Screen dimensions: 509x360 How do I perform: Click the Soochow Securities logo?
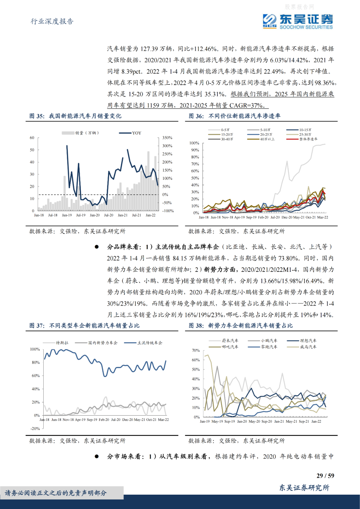(x=298, y=21)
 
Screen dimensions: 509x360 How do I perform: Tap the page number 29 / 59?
(x=325, y=476)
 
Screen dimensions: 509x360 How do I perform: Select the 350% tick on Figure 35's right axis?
(x=167, y=138)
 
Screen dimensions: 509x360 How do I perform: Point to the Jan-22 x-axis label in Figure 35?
(x=151, y=215)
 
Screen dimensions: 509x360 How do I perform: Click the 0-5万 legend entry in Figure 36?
(x=225, y=130)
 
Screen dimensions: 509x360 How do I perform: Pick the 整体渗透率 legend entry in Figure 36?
(x=308, y=139)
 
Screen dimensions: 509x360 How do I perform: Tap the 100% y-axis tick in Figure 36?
(x=194, y=143)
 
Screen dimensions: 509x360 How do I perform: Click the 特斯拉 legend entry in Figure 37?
(x=62, y=343)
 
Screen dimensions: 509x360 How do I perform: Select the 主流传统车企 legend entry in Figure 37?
(x=150, y=343)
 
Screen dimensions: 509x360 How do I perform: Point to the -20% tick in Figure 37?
(x=35, y=429)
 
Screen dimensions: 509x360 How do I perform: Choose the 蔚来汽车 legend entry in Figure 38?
(x=230, y=341)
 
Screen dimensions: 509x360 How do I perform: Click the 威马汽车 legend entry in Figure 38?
(x=308, y=347)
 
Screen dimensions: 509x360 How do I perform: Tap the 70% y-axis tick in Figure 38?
(x=196, y=351)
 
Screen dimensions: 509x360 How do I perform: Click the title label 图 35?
(x=36, y=116)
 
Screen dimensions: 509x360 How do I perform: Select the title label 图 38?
(x=196, y=326)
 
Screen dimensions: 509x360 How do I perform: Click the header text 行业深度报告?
(x=52, y=21)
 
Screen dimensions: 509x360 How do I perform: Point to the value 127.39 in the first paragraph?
(x=149, y=49)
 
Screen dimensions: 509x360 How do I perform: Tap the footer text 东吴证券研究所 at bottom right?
(x=304, y=488)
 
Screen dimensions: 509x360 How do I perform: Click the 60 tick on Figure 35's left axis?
(x=32, y=138)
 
